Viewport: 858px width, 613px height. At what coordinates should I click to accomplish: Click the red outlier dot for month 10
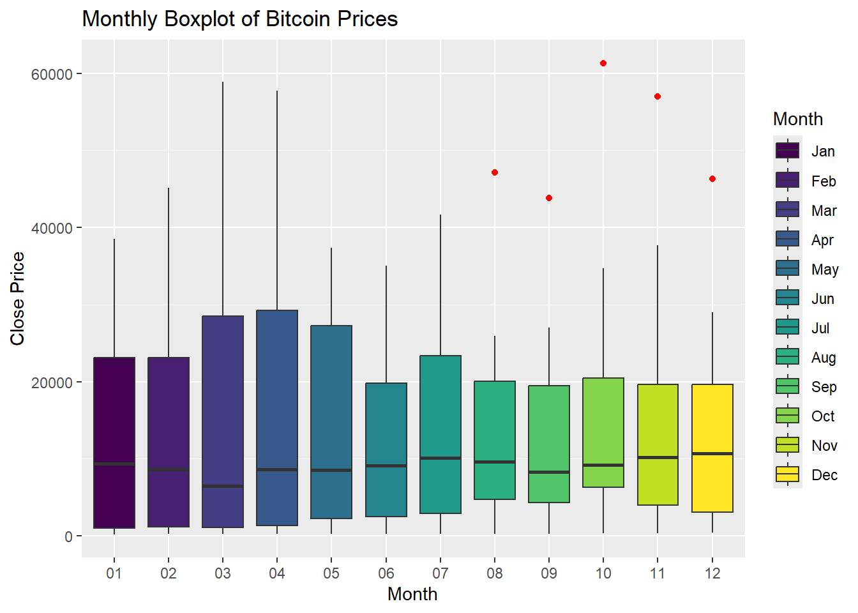(x=603, y=63)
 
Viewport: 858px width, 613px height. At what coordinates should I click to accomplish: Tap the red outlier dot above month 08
(x=495, y=172)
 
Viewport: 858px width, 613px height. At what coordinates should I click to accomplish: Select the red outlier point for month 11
(x=658, y=96)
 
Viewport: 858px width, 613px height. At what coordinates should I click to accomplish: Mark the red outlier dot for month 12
(x=712, y=179)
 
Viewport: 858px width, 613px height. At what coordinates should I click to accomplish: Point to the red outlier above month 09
(x=549, y=198)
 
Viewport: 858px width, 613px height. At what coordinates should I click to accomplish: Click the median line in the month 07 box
(x=440, y=458)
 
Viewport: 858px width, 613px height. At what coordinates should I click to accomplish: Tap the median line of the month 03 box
(x=223, y=486)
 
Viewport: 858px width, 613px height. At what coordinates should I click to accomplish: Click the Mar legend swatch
(x=787, y=209)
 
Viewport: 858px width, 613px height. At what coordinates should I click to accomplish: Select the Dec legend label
(x=824, y=475)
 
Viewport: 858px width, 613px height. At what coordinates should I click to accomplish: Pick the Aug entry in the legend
(x=824, y=358)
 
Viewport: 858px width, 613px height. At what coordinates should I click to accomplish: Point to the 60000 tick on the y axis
(x=52, y=74)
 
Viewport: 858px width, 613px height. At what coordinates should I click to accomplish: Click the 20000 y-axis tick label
(x=52, y=382)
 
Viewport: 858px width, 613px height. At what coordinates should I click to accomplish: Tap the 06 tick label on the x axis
(x=386, y=573)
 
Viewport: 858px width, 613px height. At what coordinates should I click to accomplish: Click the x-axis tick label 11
(x=658, y=573)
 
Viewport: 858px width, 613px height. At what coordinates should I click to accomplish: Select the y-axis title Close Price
(x=17, y=298)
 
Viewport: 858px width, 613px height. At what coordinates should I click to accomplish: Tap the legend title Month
(x=797, y=119)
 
